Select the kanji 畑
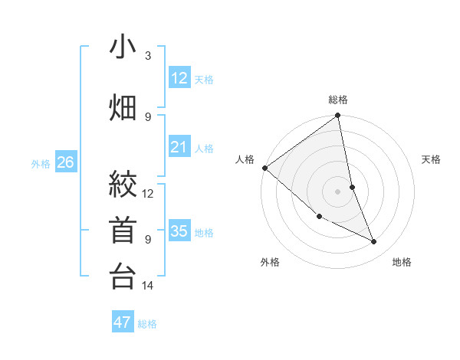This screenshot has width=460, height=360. pyautogui.click(x=123, y=106)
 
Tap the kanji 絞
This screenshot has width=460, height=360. pyautogui.click(x=123, y=185)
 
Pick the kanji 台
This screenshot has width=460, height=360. pyautogui.click(x=123, y=276)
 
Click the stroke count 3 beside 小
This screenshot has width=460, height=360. pyautogui.click(x=148, y=56)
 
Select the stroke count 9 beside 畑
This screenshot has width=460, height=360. pyautogui.click(x=148, y=116)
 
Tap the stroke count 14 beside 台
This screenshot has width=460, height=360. pyautogui.click(x=148, y=286)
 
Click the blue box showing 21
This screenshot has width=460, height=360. pyautogui.click(x=179, y=147)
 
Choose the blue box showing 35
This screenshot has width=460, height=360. pyautogui.click(x=179, y=231)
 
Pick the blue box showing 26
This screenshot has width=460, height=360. pyautogui.click(x=66, y=162)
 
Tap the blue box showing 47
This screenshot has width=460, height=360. pyautogui.click(x=123, y=322)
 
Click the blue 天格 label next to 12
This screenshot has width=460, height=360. pyautogui.click(x=204, y=79)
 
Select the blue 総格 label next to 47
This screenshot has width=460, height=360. pyautogui.click(x=147, y=324)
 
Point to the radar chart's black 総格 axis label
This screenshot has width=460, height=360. pyautogui.click(x=338, y=100)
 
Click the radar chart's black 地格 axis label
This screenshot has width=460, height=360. pyautogui.click(x=402, y=262)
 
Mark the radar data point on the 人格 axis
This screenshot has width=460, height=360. pyautogui.click(x=264, y=168)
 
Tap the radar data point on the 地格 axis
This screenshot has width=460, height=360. pyautogui.click(x=374, y=242)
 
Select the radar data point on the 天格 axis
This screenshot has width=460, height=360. pyautogui.click(x=352, y=187)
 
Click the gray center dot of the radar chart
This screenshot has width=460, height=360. pyautogui.click(x=338, y=191)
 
